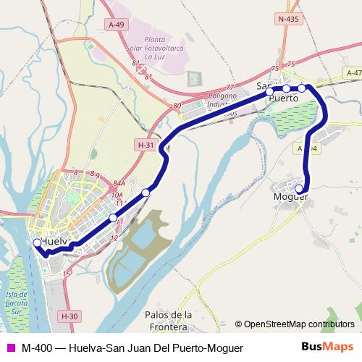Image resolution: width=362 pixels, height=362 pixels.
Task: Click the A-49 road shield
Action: (117, 24)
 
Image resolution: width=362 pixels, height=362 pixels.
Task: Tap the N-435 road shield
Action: (288, 18)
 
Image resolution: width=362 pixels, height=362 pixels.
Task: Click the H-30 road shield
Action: (70, 316)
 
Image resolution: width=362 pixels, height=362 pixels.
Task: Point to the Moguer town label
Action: (291, 196)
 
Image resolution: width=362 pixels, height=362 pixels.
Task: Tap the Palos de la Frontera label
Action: (168, 320)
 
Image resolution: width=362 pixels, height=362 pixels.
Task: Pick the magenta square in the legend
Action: (10, 348)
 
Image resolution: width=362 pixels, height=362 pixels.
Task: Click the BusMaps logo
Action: (327, 347)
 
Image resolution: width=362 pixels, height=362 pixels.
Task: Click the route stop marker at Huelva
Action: (37, 243)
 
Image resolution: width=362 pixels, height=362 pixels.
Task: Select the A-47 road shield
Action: (353, 73)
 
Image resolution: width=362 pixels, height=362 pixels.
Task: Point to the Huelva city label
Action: (54, 240)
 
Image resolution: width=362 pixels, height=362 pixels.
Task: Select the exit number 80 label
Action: (177, 106)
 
